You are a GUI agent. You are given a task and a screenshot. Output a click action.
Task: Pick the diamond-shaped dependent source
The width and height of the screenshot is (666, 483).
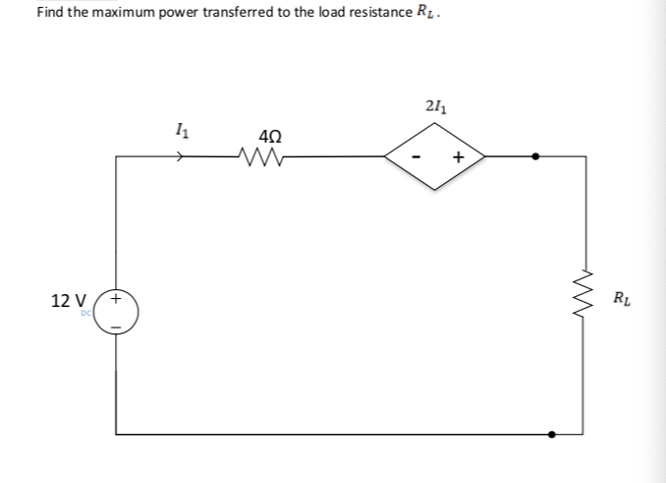click(x=434, y=155)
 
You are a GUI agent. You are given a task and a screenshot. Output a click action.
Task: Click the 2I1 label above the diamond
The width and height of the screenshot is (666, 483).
click(x=435, y=106)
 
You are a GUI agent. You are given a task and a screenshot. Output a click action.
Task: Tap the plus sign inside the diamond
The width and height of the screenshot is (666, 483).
click(x=457, y=156)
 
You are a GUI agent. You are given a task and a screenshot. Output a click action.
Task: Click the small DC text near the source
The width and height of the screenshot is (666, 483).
click(x=85, y=312)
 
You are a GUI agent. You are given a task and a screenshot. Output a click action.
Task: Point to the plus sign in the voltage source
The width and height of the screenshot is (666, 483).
click(x=117, y=296)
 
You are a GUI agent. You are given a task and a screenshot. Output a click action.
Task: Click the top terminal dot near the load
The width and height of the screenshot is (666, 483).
click(x=535, y=155)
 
